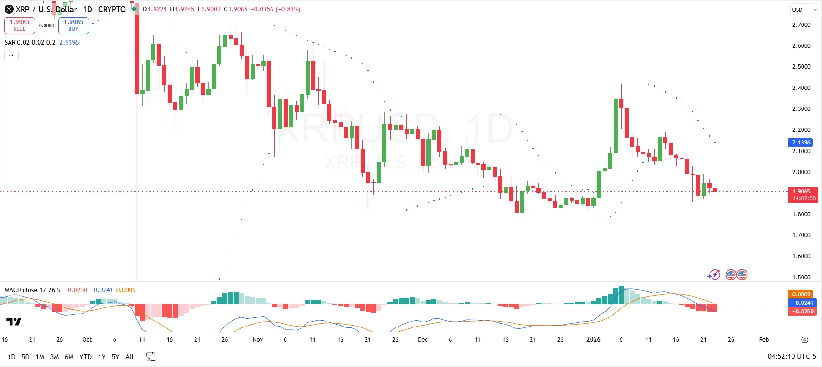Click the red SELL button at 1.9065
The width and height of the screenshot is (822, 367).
20,25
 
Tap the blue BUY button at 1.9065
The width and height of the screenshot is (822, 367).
73,25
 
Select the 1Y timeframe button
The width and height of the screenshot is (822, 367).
102,357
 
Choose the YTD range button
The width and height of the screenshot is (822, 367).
85,357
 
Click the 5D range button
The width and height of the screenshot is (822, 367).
25,357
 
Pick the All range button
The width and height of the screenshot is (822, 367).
130,357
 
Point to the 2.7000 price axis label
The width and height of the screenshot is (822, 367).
801,25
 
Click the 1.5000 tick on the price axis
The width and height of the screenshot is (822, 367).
801,277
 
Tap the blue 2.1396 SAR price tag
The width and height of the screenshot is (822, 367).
801,143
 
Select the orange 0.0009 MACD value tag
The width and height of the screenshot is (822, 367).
801,294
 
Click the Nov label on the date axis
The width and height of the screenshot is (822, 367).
258,340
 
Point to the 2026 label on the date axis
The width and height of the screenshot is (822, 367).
593,340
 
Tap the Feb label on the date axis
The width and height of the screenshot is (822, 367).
764,340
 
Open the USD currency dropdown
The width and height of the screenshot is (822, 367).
804,10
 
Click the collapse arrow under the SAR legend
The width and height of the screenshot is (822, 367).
11,55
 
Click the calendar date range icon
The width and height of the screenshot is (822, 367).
150,357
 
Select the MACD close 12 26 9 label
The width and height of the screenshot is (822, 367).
32,290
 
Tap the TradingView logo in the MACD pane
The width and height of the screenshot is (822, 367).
14,322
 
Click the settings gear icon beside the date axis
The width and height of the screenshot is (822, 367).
805,340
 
